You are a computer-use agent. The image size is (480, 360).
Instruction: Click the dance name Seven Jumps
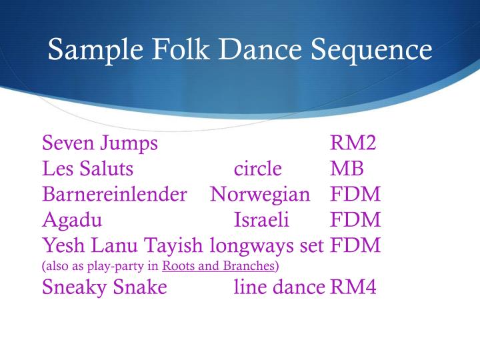click(100, 143)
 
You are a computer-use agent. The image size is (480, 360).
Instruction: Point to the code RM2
click(355, 143)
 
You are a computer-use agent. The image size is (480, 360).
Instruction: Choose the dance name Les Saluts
click(87, 169)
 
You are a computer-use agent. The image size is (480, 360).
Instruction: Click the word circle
click(258, 169)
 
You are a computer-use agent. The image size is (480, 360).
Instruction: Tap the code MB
click(347, 169)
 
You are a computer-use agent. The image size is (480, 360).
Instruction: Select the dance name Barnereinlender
click(114, 195)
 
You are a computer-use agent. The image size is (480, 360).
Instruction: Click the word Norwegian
click(260, 195)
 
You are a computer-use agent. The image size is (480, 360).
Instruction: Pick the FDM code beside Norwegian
click(355, 195)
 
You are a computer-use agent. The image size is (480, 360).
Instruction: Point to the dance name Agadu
click(72, 220)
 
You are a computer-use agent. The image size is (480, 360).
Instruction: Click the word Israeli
click(261, 220)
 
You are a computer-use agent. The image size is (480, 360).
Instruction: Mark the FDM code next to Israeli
click(355, 220)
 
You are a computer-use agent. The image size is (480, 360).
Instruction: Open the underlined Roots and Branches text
click(219, 267)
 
